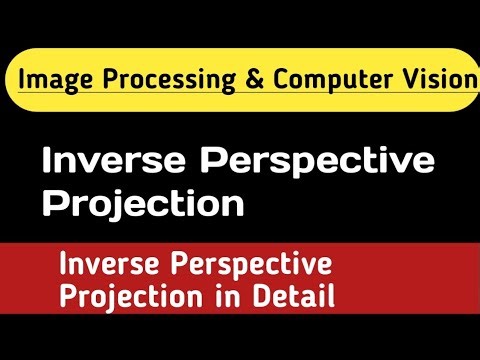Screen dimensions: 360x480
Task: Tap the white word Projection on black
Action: pyautogui.click(x=143, y=204)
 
